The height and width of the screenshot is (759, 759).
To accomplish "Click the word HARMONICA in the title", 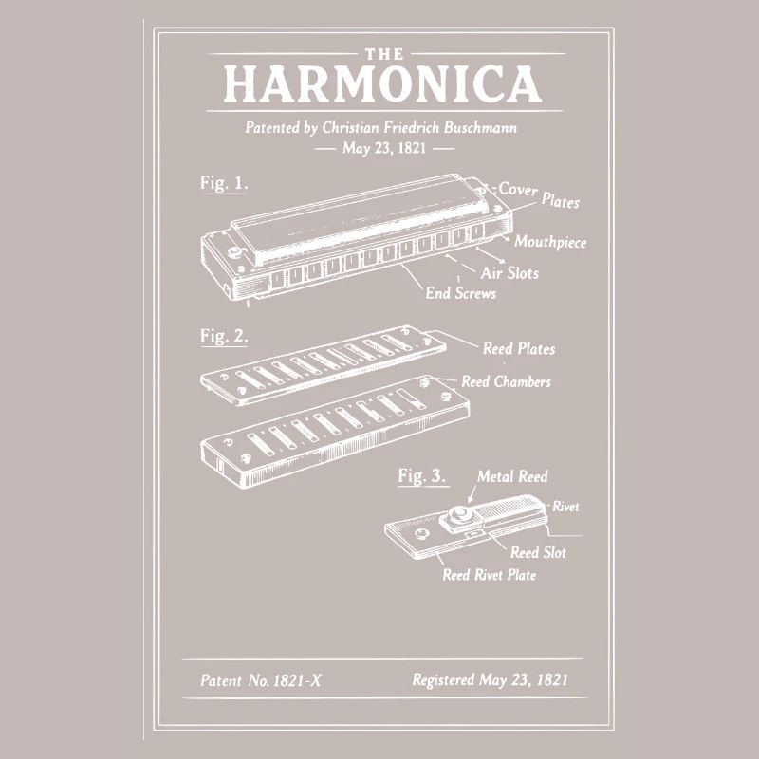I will tap(382, 84).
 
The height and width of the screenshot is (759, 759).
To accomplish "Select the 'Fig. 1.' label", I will tap(224, 183).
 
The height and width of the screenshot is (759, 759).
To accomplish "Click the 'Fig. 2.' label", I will tap(224, 336).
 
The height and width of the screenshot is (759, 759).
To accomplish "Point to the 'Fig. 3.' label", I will tap(421, 476).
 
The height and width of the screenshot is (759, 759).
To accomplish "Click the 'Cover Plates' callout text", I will tap(538, 194).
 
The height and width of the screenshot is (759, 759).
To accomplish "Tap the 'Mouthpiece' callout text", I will tap(550, 242).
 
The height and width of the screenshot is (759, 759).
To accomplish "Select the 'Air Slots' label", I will tap(509, 273).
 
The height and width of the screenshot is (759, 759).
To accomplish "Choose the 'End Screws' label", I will tap(460, 293).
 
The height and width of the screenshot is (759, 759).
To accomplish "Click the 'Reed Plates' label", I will tap(519, 349).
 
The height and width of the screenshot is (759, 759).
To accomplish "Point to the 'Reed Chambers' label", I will tap(506, 382).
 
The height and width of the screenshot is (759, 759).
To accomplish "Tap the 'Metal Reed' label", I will tap(512, 476).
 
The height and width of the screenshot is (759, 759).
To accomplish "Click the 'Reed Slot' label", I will tap(538, 552).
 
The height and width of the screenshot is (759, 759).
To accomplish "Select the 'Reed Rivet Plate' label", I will tap(489, 575).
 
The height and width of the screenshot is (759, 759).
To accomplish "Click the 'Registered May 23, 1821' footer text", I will tap(491, 679).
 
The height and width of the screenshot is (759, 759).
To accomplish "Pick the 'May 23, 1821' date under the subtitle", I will tap(384, 149).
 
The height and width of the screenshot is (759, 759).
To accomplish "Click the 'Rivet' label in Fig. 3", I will tap(565, 508).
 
